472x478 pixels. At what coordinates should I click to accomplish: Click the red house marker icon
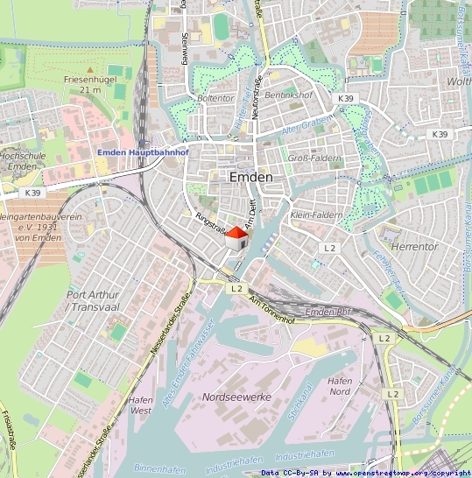point(236,237)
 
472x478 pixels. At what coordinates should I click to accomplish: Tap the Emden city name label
point(250,177)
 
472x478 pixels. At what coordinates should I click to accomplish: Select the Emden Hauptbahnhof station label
point(143,152)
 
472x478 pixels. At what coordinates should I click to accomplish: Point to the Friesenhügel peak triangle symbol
point(89,67)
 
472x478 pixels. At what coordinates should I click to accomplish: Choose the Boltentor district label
point(215,98)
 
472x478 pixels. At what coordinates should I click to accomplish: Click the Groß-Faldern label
point(314,158)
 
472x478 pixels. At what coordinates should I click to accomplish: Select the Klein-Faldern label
point(314,214)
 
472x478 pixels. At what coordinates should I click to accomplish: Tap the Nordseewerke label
point(236,397)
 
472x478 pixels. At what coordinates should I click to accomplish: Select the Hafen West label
point(140,404)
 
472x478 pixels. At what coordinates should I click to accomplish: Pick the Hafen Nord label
point(340,386)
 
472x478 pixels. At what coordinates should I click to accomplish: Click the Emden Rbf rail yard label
point(328,313)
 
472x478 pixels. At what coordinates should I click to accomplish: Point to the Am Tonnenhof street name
point(273,310)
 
